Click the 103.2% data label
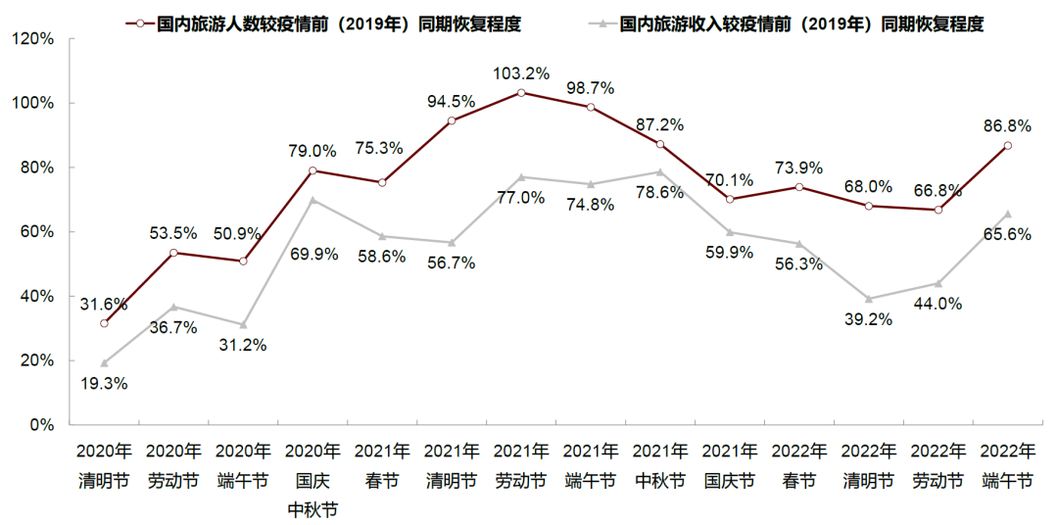(521, 73)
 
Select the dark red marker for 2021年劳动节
(521, 93)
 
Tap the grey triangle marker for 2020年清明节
(104, 363)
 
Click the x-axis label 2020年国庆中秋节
(313, 481)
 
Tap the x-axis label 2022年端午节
(1007, 466)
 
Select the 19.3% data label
(104, 384)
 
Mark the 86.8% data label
(1008, 126)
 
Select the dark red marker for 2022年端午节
(1008, 146)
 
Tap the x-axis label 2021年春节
(382, 466)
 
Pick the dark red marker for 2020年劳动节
(173, 253)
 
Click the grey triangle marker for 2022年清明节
(869, 299)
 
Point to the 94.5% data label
(452, 101)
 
